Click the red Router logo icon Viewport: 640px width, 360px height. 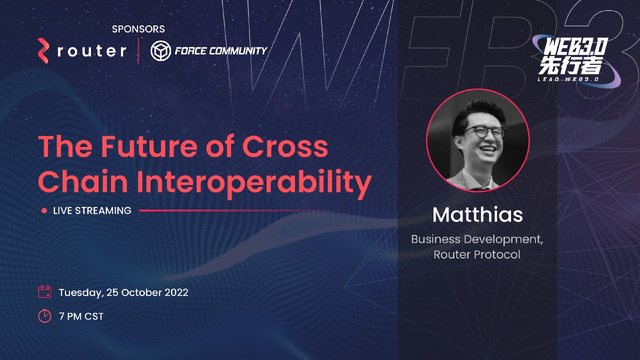pyautogui.click(x=44, y=50)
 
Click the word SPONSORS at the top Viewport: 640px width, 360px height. pyautogui.click(x=138, y=29)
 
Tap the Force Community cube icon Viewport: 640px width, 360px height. pyautogui.click(x=160, y=51)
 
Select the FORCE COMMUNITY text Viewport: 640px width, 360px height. pyautogui.click(x=220, y=50)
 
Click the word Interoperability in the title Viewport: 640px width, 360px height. pyautogui.click(x=256, y=182)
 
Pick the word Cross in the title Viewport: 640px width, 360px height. pyautogui.click(x=285, y=146)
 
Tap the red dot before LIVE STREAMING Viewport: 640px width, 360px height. pyautogui.click(x=44, y=211)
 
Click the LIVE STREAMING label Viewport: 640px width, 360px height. pyautogui.click(x=92, y=210)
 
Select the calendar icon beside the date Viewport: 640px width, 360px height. pyautogui.click(x=45, y=292)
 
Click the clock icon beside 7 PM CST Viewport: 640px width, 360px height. pyautogui.click(x=45, y=316)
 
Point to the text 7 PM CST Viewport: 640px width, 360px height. pyautogui.click(x=81, y=316)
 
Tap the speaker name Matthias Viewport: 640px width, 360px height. pyautogui.click(x=477, y=215)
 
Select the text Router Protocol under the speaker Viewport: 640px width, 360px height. pyautogui.click(x=477, y=254)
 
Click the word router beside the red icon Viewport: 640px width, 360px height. pyautogui.click(x=91, y=51)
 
